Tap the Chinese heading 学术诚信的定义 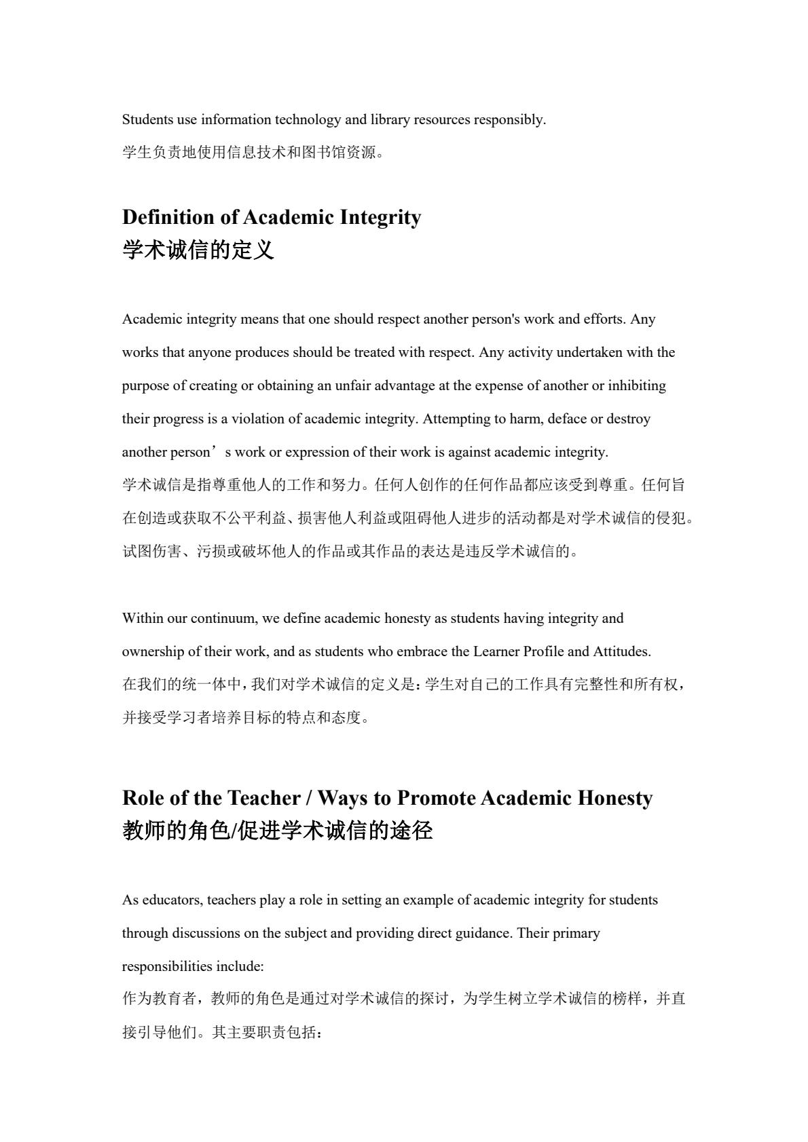(198, 250)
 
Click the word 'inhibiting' (637, 385)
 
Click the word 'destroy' (628, 419)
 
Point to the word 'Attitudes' (622, 651)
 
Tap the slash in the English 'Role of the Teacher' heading (309, 797)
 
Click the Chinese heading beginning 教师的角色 (277, 831)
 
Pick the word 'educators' (172, 900)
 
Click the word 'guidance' (483, 933)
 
